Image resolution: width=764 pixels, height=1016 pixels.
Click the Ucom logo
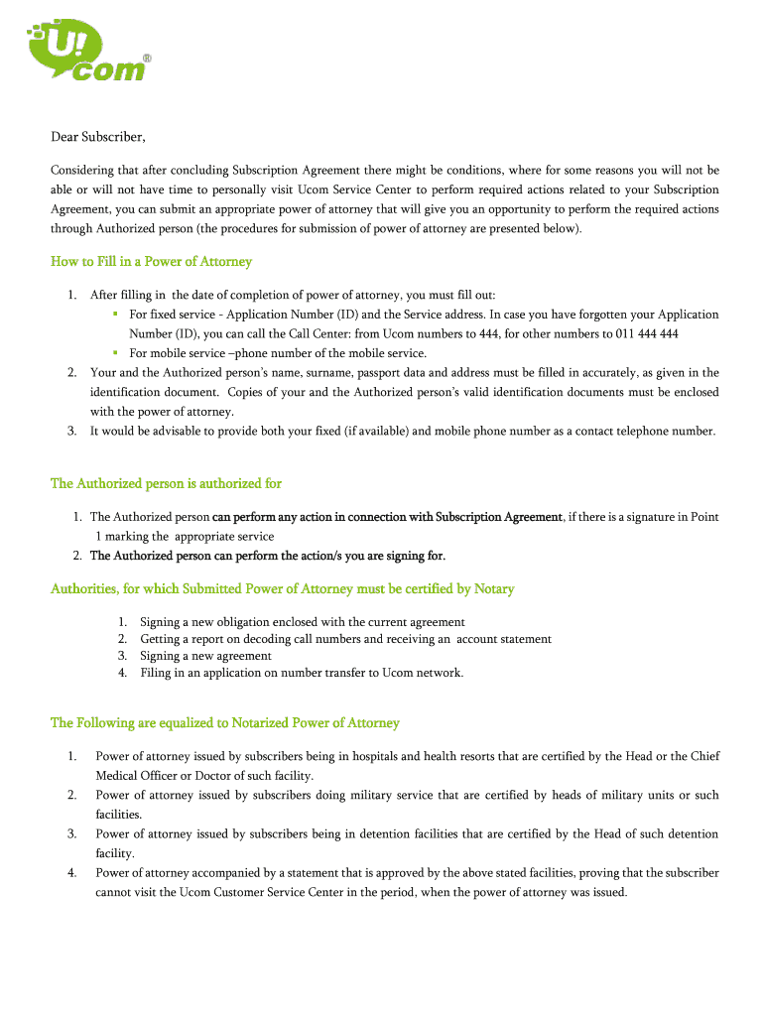(x=84, y=55)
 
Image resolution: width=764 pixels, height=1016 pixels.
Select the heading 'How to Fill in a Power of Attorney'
(x=151, y=262)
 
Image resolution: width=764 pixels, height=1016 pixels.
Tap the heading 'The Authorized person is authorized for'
(x=166, y=483)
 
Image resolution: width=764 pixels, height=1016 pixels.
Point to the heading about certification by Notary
(x=282, y=589)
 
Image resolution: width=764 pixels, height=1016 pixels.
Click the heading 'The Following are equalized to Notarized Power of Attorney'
(x=224, y=722)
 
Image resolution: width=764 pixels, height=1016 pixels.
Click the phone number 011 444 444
(x=647, y=333)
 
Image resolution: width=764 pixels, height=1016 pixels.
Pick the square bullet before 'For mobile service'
(x=115, y=352)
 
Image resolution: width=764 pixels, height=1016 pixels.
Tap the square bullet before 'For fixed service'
(x=115, y=314)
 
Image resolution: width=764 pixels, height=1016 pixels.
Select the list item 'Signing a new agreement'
(x=205, y=656)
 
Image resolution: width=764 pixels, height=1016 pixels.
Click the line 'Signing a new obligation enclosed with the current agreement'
(x=302, y=622)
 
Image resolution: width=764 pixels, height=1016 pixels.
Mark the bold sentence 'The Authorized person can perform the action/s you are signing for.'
(x=268, y=555)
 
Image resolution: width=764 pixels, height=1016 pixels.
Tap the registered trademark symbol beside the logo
(x=148, y=59)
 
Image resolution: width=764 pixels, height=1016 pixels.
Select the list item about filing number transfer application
(x=302, y=673)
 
